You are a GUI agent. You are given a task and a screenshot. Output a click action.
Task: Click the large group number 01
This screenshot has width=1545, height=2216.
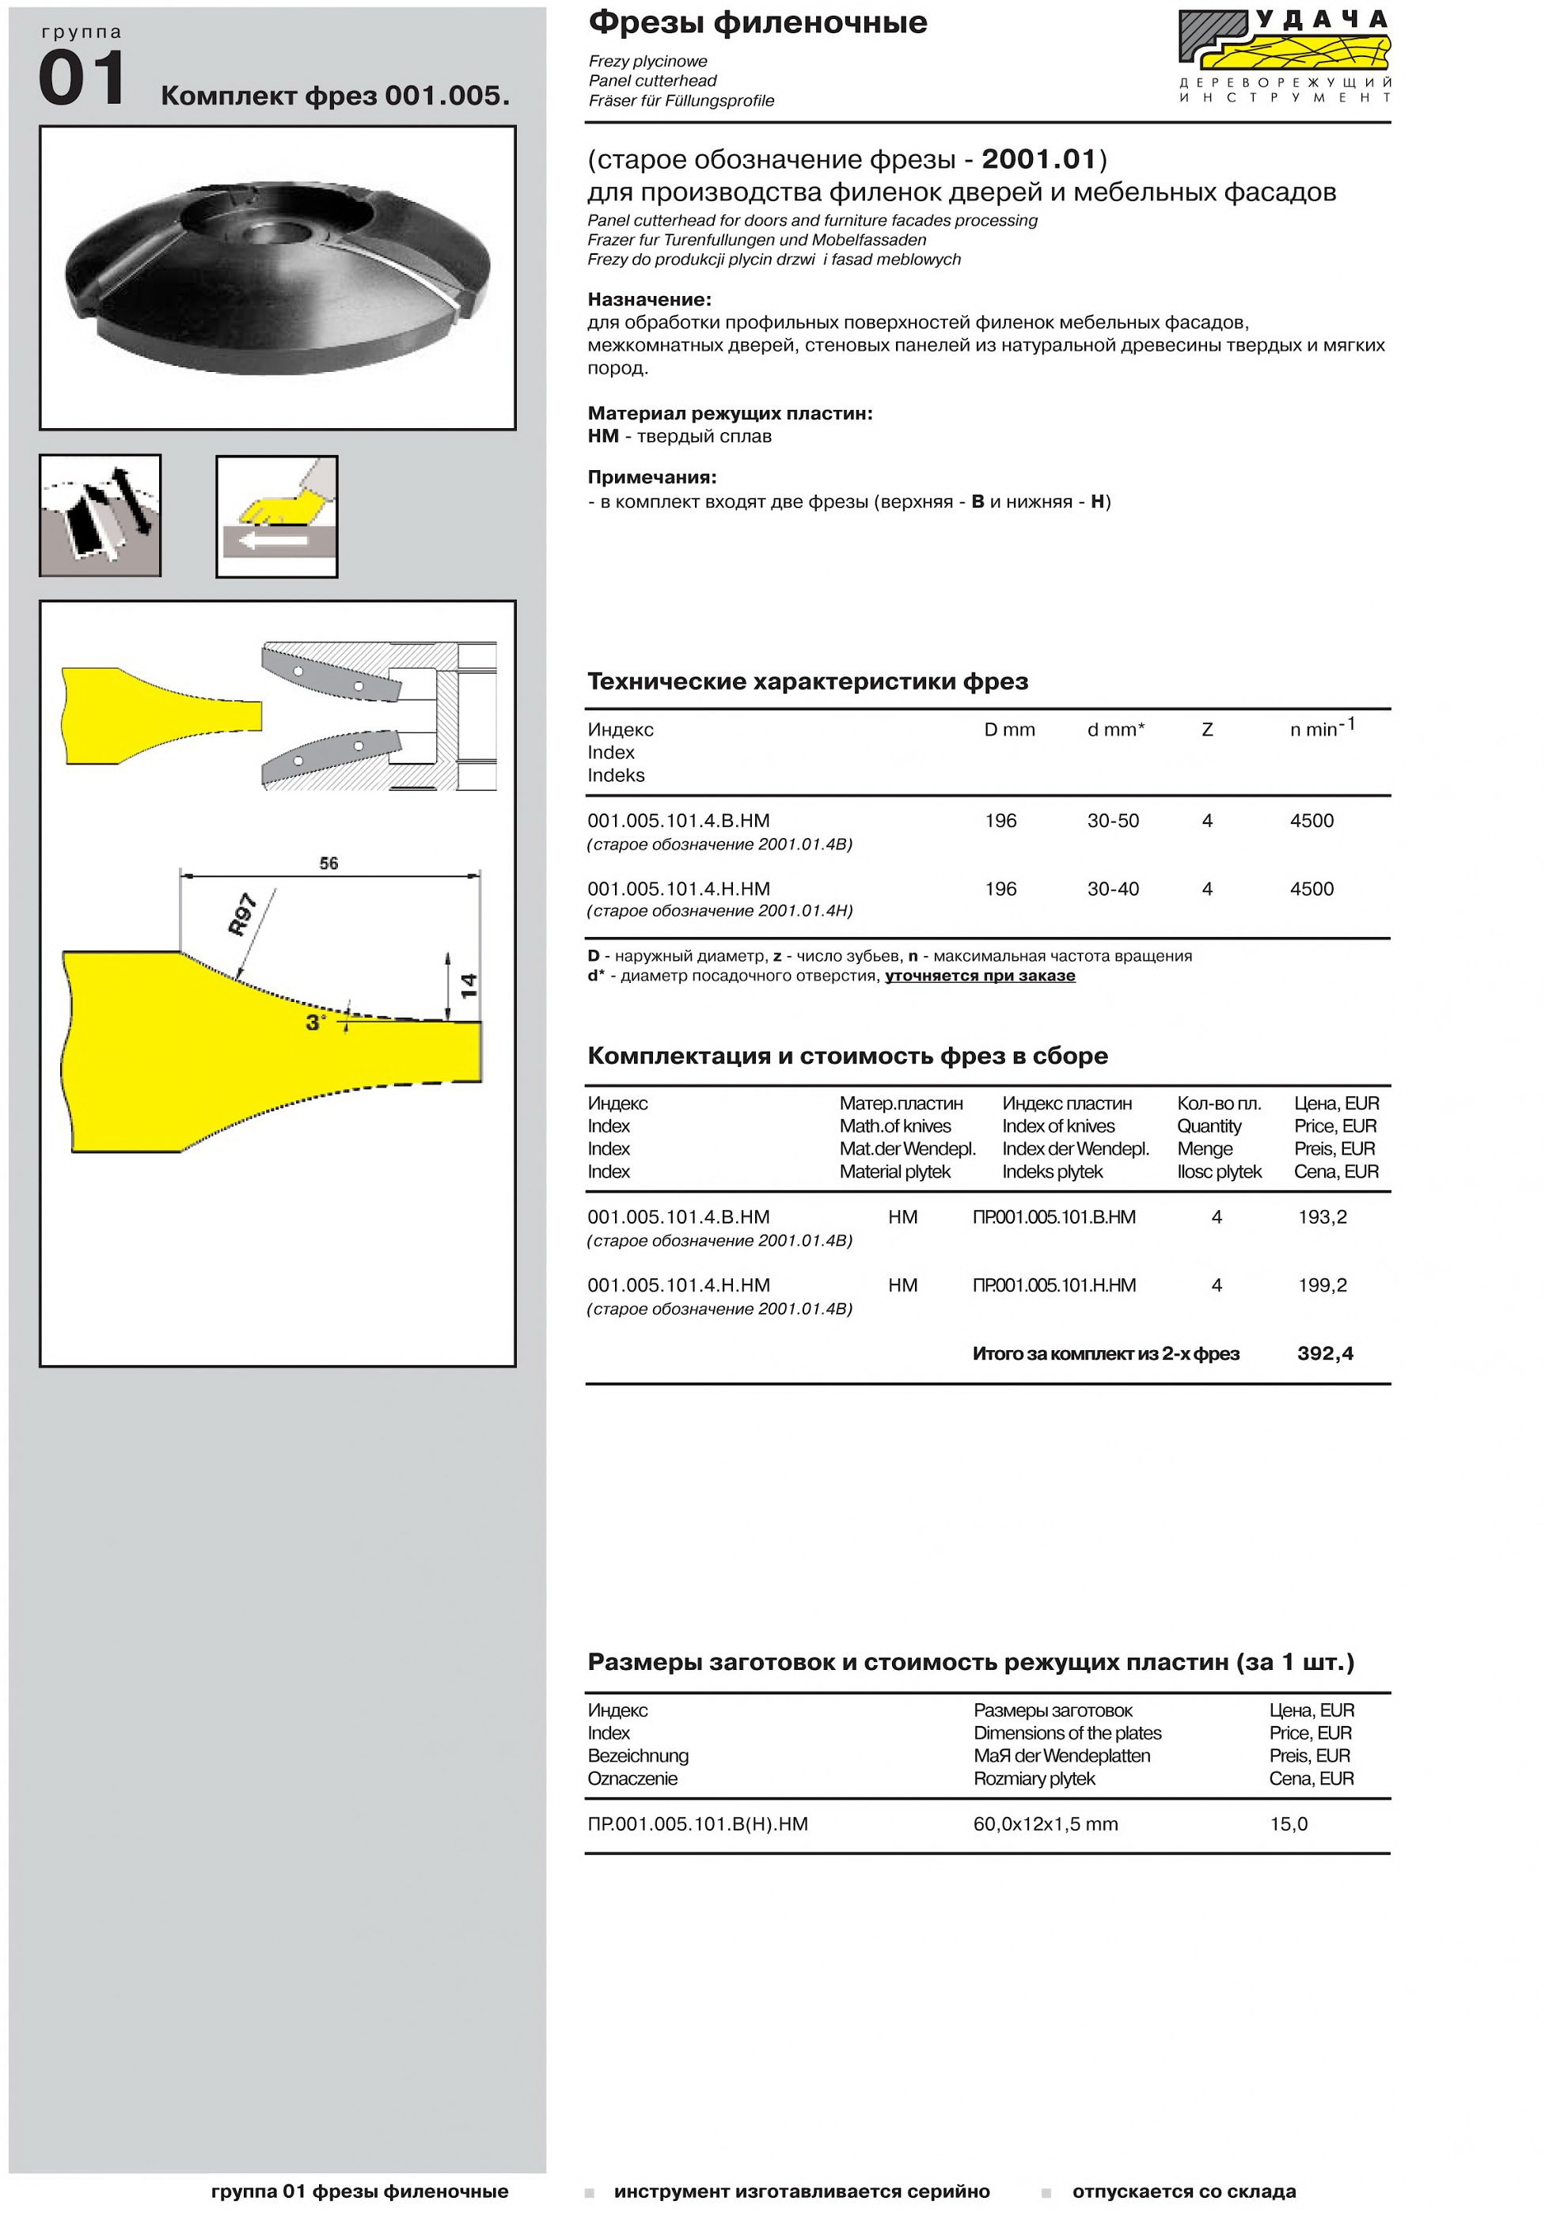(x=82, y=79)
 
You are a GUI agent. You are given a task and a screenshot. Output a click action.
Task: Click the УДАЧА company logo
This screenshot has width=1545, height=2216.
(x=1284, y=56)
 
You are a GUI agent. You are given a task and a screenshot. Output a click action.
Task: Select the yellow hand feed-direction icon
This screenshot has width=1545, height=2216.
(x=277, y=516)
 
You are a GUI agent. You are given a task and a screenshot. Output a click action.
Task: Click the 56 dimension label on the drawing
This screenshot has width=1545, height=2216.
(x=329, y=863)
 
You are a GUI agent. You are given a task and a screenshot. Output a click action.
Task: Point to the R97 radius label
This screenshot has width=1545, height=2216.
(x=242, y=914)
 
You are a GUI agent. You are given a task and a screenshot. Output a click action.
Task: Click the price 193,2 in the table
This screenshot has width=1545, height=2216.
(x=1322, y=1217)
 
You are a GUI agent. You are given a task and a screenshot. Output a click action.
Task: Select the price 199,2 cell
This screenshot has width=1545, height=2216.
(x=1322, y=1285)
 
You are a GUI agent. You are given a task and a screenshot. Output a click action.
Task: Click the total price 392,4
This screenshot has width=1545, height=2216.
(x=1325, y=1354)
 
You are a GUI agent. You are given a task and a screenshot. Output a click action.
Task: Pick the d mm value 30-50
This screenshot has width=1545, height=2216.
(x=1113, y=822)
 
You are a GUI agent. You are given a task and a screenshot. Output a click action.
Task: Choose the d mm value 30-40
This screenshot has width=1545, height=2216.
(x=1113, y=889)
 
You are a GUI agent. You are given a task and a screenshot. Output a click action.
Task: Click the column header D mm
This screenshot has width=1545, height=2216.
(x=1009, y=730)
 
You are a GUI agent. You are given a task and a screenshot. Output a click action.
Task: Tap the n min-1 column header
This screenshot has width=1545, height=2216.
(x=1321, y=728)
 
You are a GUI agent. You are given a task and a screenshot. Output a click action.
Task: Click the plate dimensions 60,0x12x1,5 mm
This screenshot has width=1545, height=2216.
(x=1045, y=1824)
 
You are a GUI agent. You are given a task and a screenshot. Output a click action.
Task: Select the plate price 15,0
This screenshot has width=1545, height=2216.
(x=1289, y=1824)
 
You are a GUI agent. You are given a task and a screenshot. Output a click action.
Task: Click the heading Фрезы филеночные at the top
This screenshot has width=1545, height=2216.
(x=757, y=22)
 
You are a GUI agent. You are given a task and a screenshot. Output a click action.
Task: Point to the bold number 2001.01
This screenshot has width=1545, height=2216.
(x=1039, y=159)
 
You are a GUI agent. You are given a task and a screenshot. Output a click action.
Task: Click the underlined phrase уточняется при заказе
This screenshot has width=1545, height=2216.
(x=980, y=976)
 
